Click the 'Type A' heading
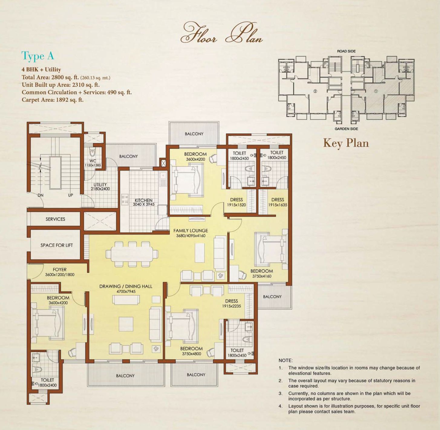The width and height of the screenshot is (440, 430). [38, 56]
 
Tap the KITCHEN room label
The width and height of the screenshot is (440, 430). [144, 200]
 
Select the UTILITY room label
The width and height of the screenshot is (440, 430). [100, 185]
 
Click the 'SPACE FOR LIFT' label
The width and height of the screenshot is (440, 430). [57, 245]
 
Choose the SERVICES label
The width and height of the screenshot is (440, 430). [55, 219]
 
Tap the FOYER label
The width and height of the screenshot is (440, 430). [60, 269]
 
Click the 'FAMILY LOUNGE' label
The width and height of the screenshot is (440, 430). [191, 231]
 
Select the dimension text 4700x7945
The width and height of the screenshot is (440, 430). [126, 292]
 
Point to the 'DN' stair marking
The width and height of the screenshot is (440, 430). [41, 195]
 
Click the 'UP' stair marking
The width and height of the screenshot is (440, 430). [70, 195]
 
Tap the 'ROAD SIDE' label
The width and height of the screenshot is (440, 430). [346, 51]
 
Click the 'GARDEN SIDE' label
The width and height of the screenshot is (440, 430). [346, 129]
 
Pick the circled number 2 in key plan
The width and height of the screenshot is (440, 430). [315, 91]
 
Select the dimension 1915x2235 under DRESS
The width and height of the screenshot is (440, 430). [232, 306]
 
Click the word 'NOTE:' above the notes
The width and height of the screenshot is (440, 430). [285, 360]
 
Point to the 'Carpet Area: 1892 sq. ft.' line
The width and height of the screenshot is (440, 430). [53, 100]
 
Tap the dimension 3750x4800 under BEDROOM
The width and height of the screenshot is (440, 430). [191, 354]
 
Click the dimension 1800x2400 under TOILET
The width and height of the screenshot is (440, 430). [47, 385]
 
